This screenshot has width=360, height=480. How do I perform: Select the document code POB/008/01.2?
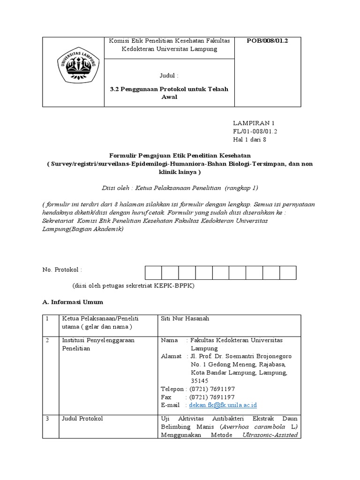click(x=268, y=41)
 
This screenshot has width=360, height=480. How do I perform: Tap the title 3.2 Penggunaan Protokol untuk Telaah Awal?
click(x=169, y=93)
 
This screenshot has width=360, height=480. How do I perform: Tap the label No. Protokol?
click(x=62, y=270)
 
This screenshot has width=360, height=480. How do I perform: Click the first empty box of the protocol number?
click(x=153, y=273)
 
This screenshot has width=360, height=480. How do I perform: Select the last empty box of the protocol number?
click(x=288, y=273)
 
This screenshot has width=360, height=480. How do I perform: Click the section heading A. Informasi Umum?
click(x=72, y=302)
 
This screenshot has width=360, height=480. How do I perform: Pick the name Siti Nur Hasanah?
click(x=185, y=319)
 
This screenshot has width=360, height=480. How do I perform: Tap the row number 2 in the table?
click(x=47, y=340)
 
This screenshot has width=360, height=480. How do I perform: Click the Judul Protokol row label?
click(x=82, y=418)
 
